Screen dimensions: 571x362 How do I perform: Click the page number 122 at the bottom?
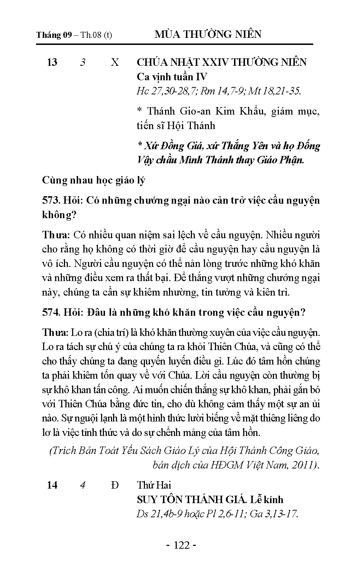181,545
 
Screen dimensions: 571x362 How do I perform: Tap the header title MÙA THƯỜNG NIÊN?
208,34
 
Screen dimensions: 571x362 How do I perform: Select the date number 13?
52,62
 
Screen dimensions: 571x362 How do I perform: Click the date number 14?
52,485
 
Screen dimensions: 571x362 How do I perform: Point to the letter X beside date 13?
115,62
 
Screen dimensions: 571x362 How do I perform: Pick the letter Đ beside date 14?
115,485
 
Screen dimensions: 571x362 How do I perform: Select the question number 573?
51,200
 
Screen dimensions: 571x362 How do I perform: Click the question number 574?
51,313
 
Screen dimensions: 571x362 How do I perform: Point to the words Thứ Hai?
154,485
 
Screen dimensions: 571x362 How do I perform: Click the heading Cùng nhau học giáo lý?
94,180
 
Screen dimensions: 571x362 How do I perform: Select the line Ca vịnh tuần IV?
172,77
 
